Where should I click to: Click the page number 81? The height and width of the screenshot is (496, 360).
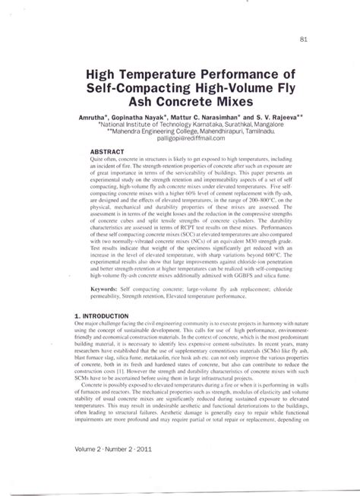(x=304, y=41)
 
